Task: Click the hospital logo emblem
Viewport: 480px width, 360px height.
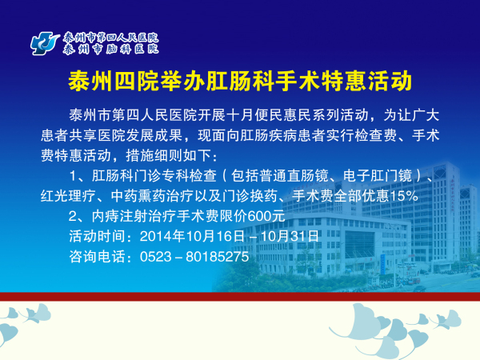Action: pyautogui.click(x=45, y=43)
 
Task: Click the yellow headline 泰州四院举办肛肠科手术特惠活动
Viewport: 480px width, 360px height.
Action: pyautogui.click(x=240, y=81)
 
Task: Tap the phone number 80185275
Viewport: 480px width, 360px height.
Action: pyautogui.click(x=217, y=257)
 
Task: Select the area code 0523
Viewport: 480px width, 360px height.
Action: pyautogui.click(x=156, y=257)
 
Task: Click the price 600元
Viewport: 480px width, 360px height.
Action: pyautogui.click(x=266, y=216)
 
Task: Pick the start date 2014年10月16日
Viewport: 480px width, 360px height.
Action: pyautogui.click(x=192, y=236)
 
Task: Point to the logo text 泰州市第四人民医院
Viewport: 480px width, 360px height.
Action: pyautogui.click(x=110, y=38)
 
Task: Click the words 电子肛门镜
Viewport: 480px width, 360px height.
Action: pyautogui.click(x=378, y=176)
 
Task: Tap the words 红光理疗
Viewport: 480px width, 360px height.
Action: pyautogui.click(x=68, y=196)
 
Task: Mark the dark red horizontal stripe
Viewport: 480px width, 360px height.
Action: pyautogui.click(x=240, y=297)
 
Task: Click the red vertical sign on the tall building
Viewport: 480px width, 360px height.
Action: pyautogui.click(x=452, y=195)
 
